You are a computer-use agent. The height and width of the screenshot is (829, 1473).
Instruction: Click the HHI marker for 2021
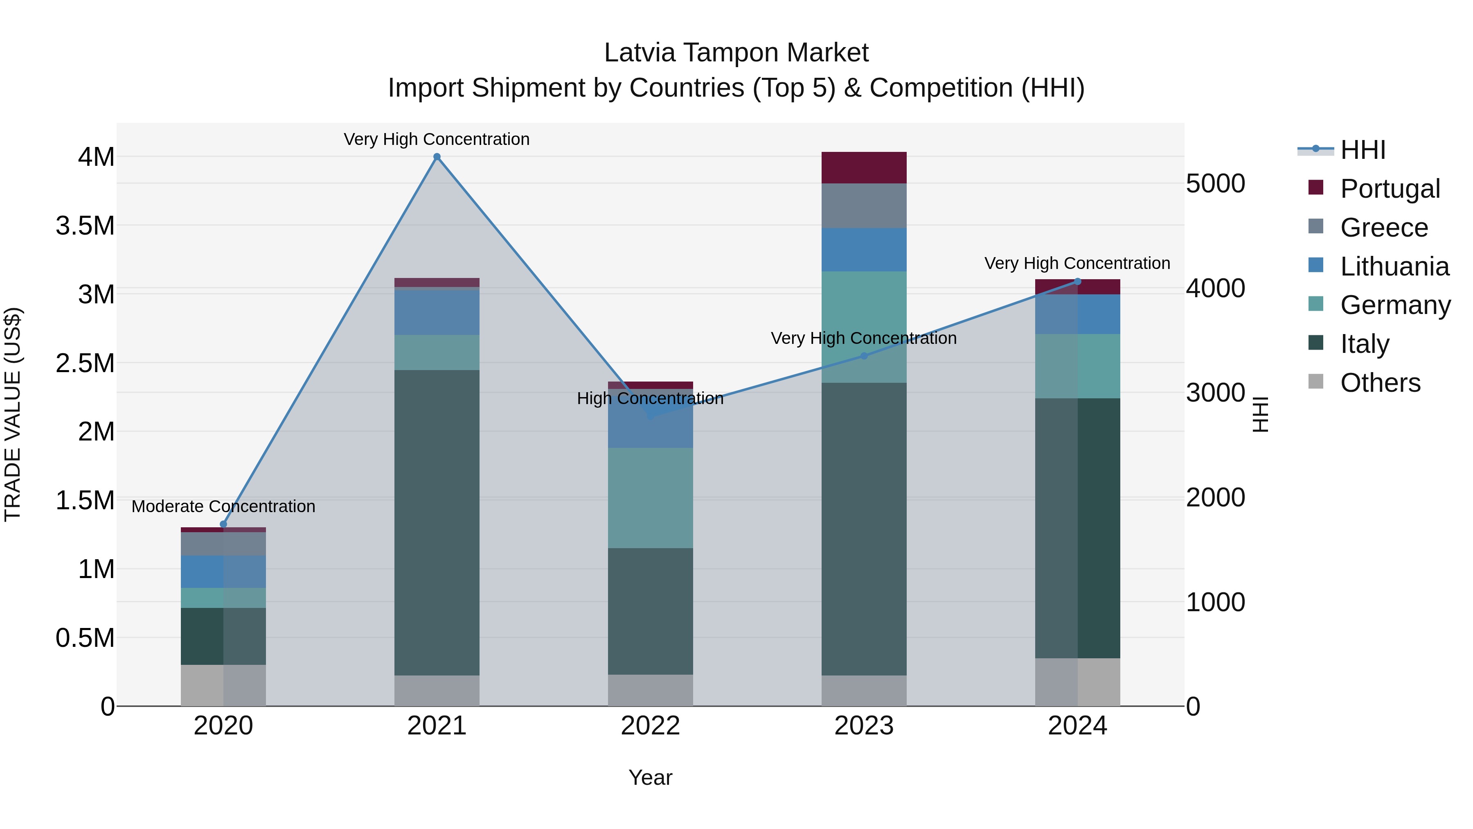(x=437, y=157)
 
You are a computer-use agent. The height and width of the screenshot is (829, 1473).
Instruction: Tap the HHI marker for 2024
(x=1077, y=282)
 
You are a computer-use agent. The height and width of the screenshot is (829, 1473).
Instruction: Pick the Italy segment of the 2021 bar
(x=437, y=522)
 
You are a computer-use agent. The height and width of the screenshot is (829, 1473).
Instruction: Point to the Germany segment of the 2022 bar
(x=650, y=498)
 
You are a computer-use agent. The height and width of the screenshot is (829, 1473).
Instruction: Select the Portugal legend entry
(x=1390, y=189)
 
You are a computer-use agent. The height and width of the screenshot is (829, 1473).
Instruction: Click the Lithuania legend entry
(x=1394, y=267)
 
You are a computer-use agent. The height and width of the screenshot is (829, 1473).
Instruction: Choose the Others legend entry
(x=1380, y=383)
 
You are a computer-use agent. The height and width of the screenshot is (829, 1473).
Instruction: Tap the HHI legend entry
(x=1362, y=150)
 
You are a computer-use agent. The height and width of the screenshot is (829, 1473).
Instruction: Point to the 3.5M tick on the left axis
(x=85, y=226)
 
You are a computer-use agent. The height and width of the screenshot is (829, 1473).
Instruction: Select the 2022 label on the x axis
(x=650, y=726)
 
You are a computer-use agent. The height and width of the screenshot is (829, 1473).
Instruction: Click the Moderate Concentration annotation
(x=223, y=506)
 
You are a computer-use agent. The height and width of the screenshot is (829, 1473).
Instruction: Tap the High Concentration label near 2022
(x=650, y=398)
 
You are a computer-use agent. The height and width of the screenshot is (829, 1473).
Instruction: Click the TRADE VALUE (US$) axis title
(x=13, y=414)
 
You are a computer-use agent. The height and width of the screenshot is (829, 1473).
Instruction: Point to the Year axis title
(x=650, y=777)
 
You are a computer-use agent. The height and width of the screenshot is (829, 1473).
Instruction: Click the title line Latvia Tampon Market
(x=736, y=53)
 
